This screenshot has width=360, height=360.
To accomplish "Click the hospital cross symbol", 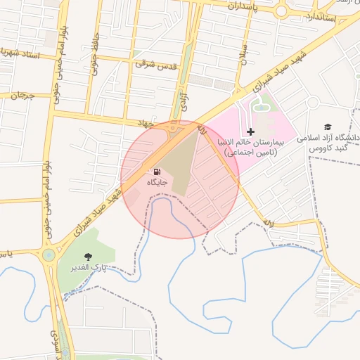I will click(x=250, y=131).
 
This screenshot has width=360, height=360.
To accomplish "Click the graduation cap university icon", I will click(x=328, y=127).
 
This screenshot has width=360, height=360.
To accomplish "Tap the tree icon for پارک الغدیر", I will click(x=88, y=258).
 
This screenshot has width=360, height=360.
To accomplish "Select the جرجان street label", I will click(x=22, y=96).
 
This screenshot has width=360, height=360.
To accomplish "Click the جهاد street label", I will click(x=146, y=123).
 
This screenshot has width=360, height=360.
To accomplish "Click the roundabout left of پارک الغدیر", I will click(x=49, y=255).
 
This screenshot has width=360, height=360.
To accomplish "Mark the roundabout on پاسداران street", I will click(x=281, y=12).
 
